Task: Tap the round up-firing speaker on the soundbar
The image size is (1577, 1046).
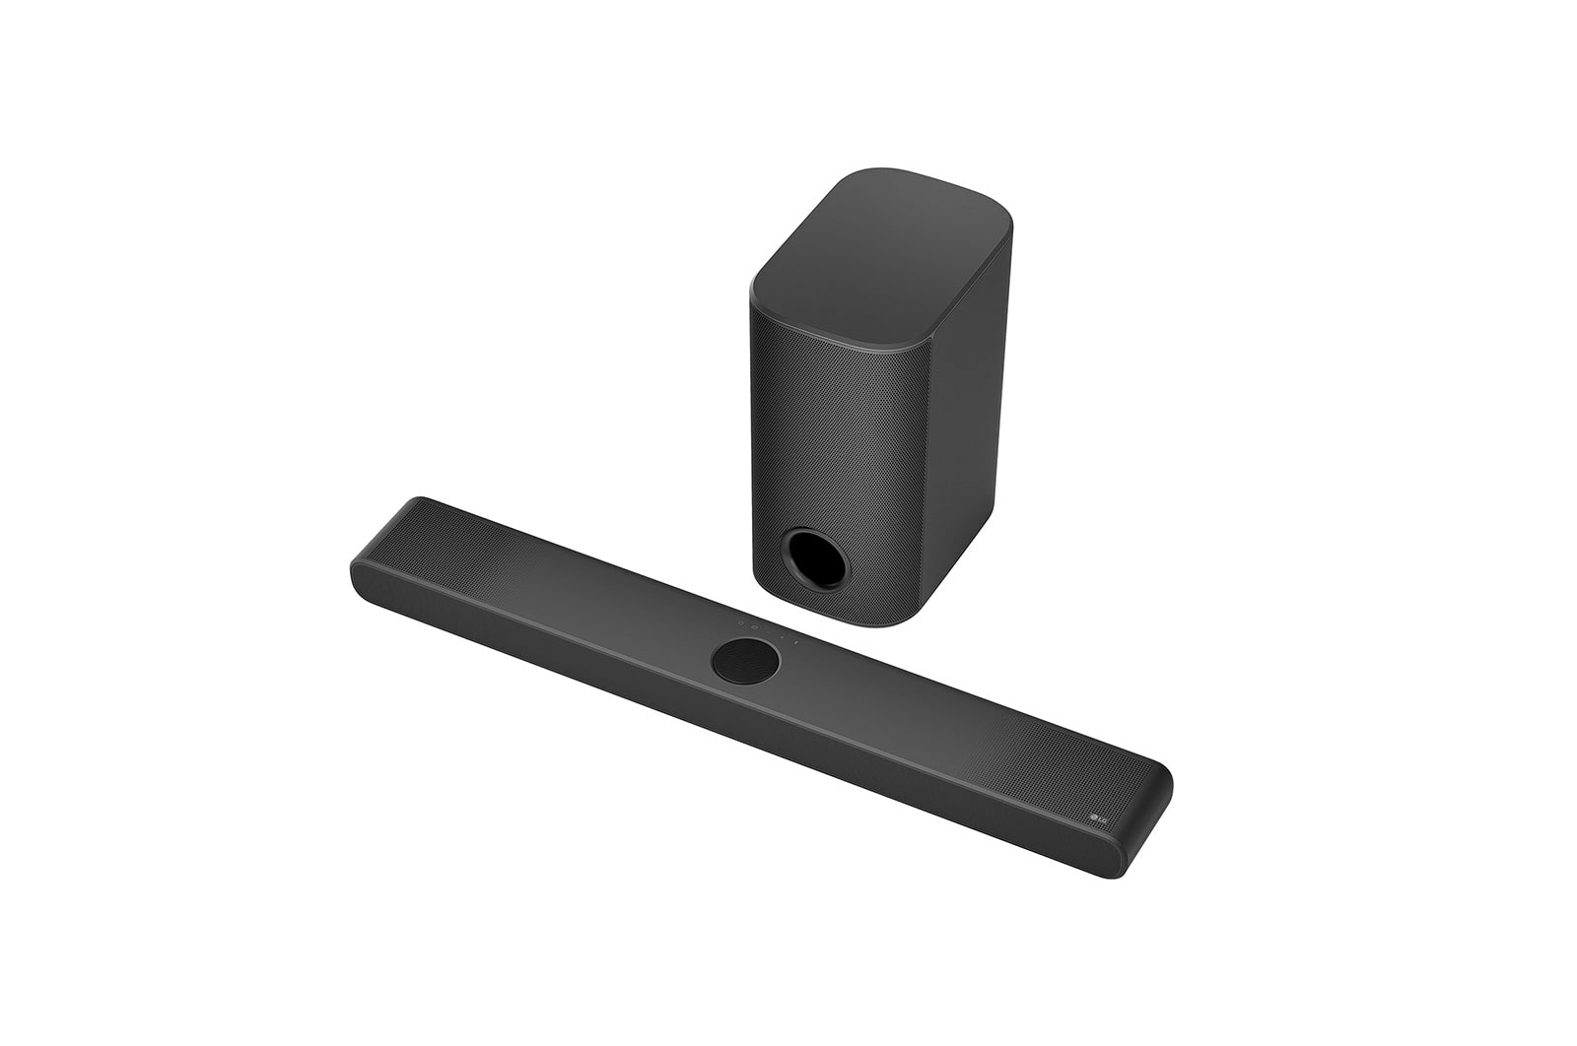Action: pos(745,661)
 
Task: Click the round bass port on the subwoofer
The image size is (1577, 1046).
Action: pos(815,559)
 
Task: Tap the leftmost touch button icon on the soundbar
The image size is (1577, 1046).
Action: pos(741,622)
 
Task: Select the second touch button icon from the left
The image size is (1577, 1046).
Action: pos(754,627)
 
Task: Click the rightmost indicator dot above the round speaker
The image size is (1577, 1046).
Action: pos(796,642)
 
